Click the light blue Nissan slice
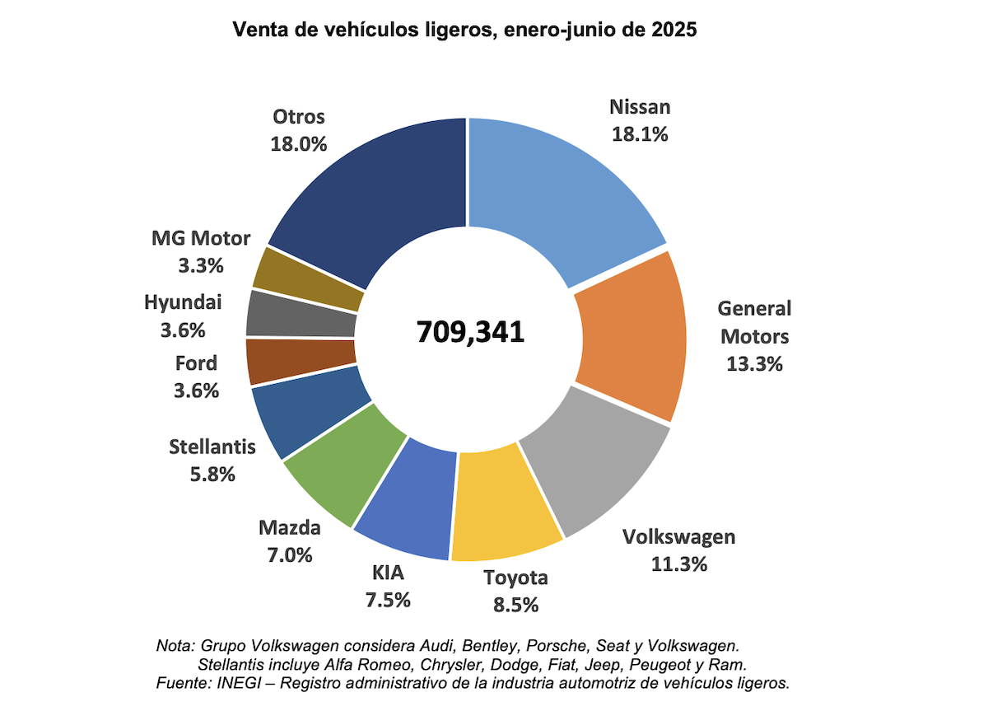pos(560,198)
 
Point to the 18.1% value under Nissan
pos(640,134)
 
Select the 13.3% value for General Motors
pos(754,363)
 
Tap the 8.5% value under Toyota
pos(515,605)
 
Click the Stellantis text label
pos(212,447)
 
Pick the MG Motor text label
pos(201,239)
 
